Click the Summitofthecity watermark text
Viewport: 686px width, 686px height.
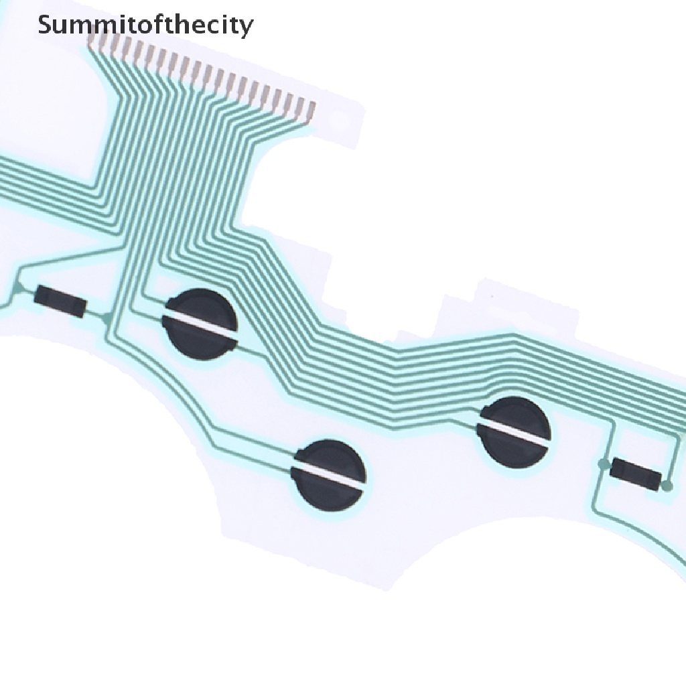[x=145, y=25]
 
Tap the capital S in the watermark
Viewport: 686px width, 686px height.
[x=46, y=25]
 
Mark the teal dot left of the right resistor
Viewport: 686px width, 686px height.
[x=604, y=464]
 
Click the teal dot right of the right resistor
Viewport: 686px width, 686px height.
[x=667, y=485]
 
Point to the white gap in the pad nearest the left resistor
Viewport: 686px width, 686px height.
[x=200, y=325]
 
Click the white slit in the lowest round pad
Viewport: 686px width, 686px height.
[x=328, y=474]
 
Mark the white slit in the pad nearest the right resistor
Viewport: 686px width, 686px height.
[x=514, y=431]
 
